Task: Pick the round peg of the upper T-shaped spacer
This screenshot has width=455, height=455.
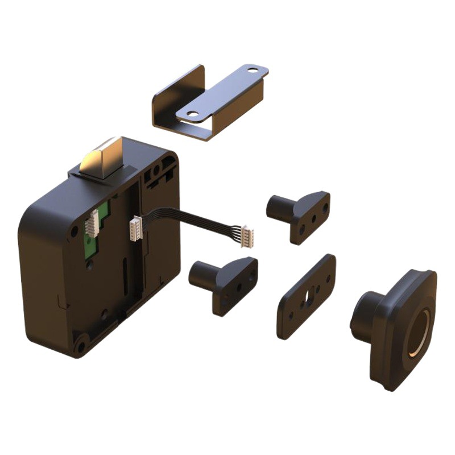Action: pos(278,208)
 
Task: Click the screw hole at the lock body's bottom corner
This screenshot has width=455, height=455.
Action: pos(81,345)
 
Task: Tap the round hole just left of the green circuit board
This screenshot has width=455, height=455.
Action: pos(74,231)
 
